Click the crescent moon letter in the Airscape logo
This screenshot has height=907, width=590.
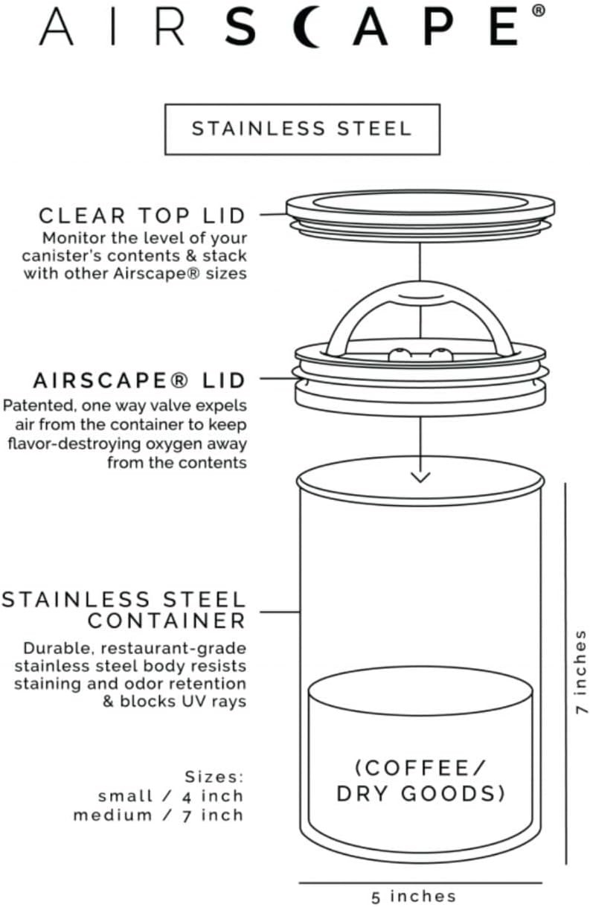(312, 28)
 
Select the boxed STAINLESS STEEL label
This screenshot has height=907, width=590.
(302, 129)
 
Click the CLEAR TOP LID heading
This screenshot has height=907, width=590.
(142, 216)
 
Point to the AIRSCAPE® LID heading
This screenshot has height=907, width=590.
(139, 381)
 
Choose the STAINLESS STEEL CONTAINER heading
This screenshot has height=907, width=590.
(124, 610)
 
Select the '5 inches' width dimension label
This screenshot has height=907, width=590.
(414, 897)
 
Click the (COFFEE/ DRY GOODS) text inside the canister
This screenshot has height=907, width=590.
(420, 781)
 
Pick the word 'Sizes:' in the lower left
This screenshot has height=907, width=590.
(214, 778)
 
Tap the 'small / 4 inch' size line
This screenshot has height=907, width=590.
(170, 796)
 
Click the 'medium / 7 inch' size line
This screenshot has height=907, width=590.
(158, 815)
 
